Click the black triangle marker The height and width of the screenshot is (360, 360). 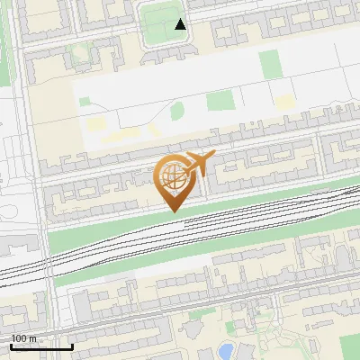[x=181, y=24]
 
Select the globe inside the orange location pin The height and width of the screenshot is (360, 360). [x=171, y=176]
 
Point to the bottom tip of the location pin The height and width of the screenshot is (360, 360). [x=172, y=212]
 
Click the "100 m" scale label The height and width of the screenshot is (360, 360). [x=23, y=338]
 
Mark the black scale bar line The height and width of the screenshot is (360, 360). [x=41, y=346]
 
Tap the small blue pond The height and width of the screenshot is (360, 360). [x=226, y=349]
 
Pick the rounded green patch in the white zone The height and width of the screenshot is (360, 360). [x=177, y=112]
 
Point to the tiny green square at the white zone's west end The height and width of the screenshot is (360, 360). [x=85, y=102]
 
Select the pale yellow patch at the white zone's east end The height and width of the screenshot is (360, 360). [x=284, y=103]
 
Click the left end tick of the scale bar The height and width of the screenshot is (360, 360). [x=11, y=346]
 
